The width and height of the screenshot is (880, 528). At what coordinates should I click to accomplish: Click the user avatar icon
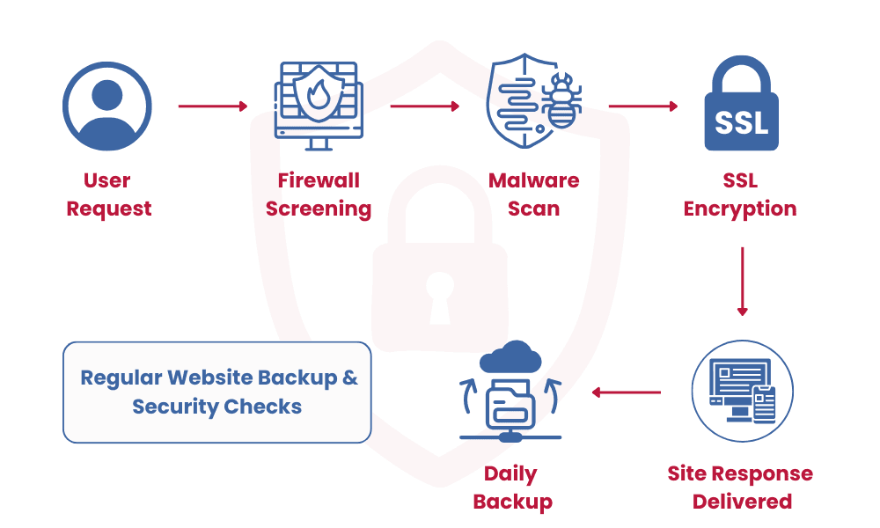107,106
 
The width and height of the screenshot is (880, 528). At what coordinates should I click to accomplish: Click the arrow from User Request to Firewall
213,106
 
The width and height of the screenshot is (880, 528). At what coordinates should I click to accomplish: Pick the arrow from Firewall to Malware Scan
425,106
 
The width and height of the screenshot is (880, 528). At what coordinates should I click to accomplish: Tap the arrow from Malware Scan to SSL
643,106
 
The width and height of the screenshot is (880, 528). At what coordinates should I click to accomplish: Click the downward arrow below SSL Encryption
742,282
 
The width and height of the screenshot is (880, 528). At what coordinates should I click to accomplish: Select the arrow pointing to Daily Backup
627,392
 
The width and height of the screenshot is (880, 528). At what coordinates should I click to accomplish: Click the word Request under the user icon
109,209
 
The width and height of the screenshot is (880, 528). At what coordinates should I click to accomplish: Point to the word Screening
319,209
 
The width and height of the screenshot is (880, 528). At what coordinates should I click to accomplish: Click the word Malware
533,181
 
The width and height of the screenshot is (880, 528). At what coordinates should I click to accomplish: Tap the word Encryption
740,209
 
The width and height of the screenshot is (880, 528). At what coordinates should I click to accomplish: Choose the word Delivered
742,502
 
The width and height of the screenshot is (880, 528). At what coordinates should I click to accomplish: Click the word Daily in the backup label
510,474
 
